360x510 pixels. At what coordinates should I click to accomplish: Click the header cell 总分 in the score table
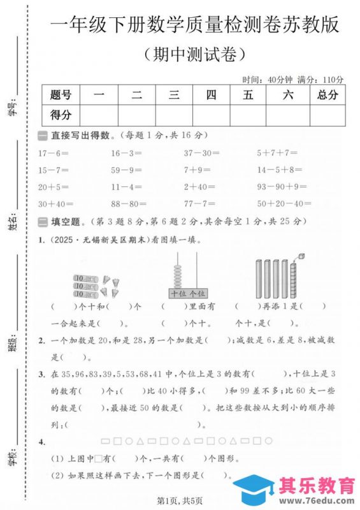328,96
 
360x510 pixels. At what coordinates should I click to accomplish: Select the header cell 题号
61,96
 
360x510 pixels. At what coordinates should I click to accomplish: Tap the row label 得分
61,115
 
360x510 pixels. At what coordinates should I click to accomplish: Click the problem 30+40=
56,204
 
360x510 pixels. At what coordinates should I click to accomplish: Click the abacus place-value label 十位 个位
188,293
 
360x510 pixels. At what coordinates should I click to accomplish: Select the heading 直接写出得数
83,135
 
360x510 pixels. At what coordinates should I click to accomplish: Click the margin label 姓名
11,222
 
